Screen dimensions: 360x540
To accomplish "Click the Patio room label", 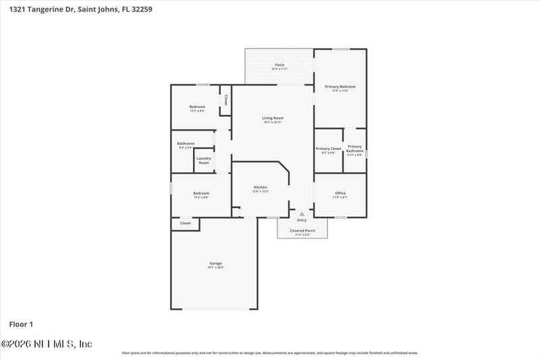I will click(279, 65).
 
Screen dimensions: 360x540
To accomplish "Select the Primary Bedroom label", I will click(340, 87).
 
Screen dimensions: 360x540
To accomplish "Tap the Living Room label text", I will click(273, 118).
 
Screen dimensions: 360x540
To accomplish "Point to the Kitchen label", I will click(261, 187).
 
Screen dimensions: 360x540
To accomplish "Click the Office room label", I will click(340, 194).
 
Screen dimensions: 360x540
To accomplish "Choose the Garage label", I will click(215, 263).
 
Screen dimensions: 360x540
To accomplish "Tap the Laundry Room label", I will click(204, 161).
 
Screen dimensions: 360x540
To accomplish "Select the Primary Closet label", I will click(329, 149).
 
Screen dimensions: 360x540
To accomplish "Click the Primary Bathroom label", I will click(355, 149).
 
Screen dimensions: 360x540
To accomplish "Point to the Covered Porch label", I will click(302, 230).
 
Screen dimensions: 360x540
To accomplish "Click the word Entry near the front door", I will click(302, 220).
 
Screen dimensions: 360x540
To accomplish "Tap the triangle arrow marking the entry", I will click(302, 213).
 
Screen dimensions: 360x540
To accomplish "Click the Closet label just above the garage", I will click(185, 223).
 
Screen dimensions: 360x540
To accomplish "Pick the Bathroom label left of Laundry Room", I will click(186, 143).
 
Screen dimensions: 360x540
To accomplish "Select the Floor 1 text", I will click(21, 324).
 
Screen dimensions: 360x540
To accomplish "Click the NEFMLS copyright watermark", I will click(47, 344).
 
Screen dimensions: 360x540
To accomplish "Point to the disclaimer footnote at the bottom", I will click(270, 353).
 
